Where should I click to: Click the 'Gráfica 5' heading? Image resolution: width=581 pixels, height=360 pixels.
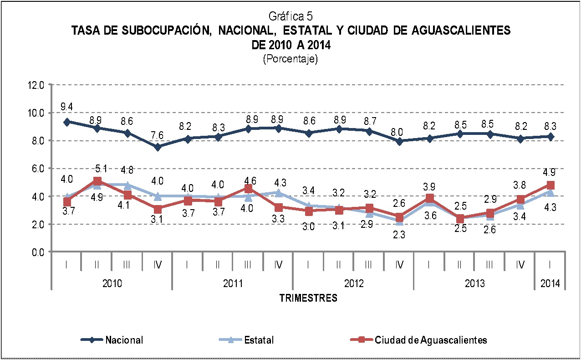point(290,17)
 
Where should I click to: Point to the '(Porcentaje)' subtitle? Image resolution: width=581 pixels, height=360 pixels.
point(290,59)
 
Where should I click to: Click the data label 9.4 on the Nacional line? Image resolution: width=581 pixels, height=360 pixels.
point(66,107)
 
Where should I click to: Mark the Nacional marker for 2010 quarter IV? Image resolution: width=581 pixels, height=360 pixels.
point(157,147)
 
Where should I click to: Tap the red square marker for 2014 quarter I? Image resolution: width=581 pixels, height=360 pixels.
point(550,185)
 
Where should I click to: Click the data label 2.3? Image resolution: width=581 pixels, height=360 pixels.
point(399,235)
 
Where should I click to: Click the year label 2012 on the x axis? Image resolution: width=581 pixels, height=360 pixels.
point(354,283)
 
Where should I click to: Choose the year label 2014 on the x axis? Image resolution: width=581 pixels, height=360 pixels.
point(550,283)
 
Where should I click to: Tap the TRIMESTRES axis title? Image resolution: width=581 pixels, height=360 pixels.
point(308,298)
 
